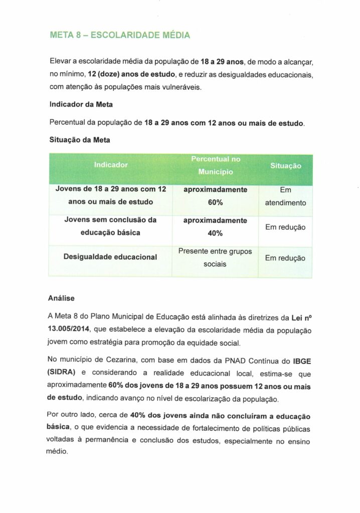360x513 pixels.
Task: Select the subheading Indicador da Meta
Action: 80,106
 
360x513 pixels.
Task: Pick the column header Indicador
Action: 110,164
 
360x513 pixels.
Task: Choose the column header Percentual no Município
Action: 215,165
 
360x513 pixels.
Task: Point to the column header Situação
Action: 285,164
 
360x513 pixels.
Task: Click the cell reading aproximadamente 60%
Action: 215,196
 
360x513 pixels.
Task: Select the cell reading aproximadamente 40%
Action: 215,226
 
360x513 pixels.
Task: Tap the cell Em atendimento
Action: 285,197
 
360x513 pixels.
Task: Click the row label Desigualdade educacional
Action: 110,257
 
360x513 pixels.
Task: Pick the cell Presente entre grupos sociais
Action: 215,257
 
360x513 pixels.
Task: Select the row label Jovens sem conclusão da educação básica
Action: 110,226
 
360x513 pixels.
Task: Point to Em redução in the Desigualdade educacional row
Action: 285,258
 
